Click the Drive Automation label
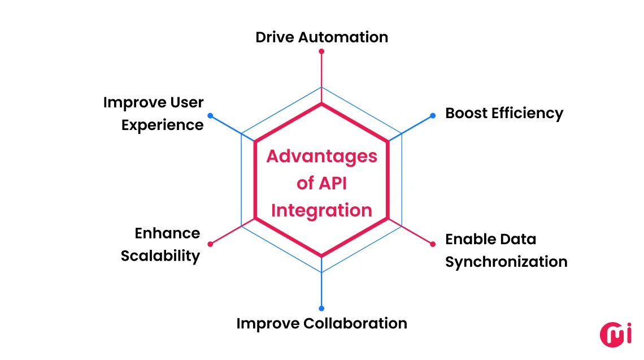coord(321,37)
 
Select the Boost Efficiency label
coord(504,113)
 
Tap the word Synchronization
coord(506,262)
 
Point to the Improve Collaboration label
coord(321,323)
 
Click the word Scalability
coord(160,256)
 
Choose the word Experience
coord(163,125)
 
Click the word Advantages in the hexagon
coord(321,156)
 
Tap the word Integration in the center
coord(321,210)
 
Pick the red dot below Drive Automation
coord(321,51)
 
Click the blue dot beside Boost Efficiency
coord(433,115)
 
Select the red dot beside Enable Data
coord(433,244)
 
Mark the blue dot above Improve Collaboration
coord(321,309)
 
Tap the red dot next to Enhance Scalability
coord(210,244)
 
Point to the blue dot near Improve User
coord(210,115)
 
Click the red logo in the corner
coord(615,333)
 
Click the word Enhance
coord(167,233)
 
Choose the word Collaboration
coord(355,323)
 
